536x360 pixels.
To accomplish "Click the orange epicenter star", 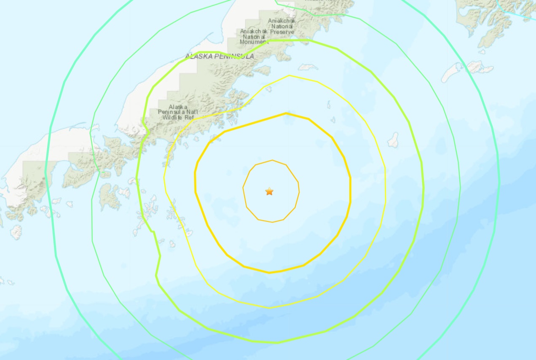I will (269, 192).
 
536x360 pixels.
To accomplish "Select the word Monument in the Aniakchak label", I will (254, 42).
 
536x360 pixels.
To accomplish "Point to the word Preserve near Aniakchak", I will (282, 32).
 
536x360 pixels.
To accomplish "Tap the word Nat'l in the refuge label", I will (190, 112).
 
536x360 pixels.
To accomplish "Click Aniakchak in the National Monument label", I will (254, 31).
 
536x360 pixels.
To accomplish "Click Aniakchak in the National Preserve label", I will (282, 21).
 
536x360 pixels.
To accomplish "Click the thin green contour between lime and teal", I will (460, 185).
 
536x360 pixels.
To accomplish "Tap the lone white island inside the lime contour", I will (393, 140).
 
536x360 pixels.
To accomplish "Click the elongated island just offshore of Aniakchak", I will (308, 67).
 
